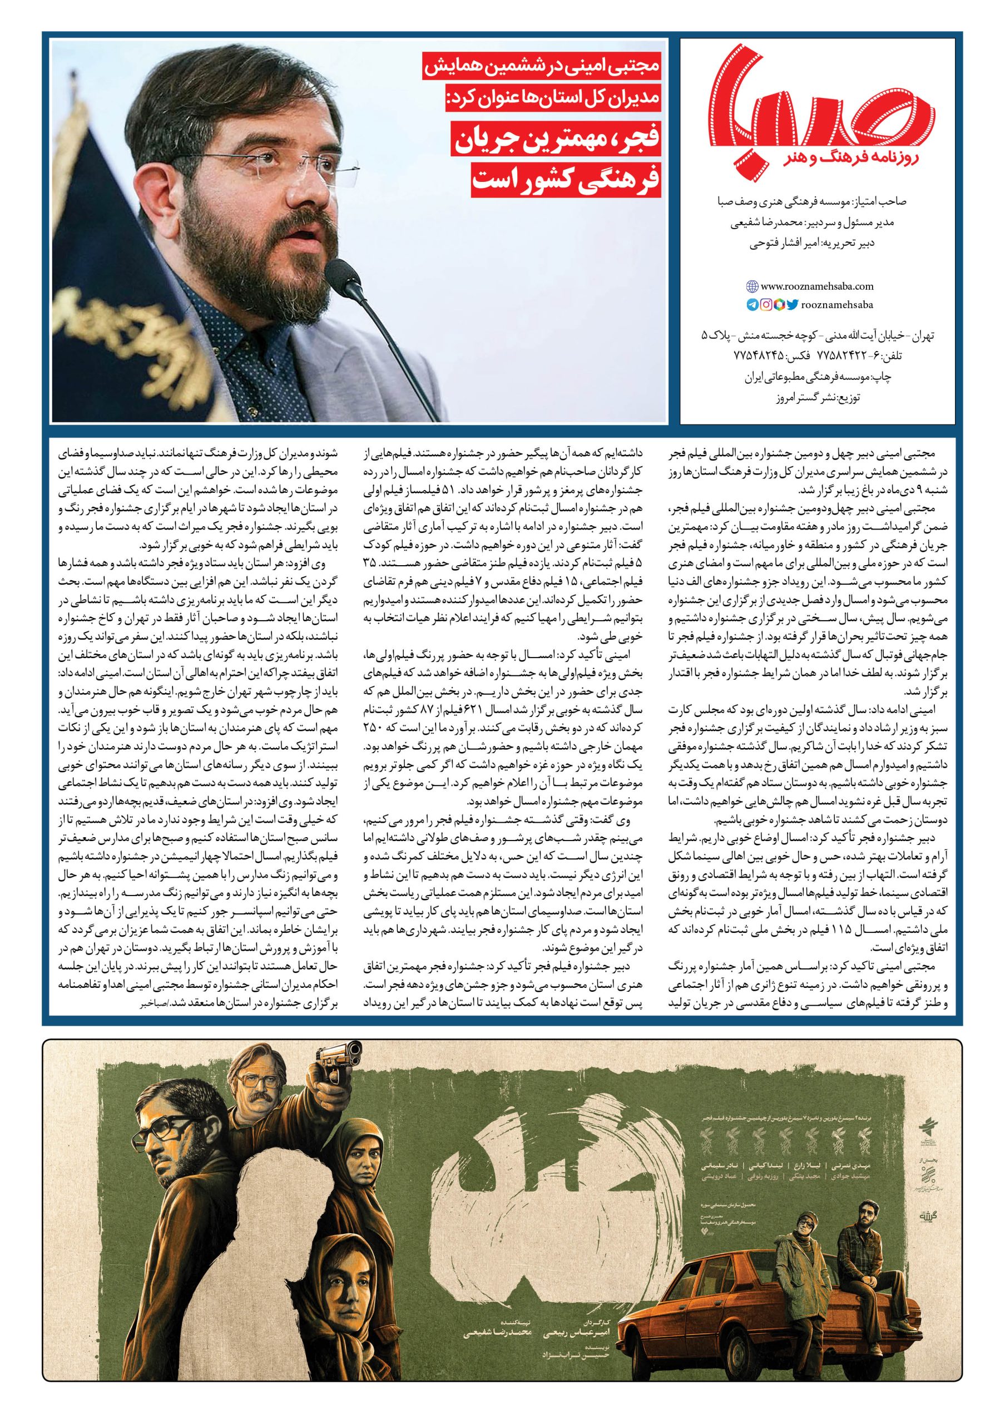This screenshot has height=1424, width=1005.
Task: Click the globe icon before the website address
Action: click(752, 286)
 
